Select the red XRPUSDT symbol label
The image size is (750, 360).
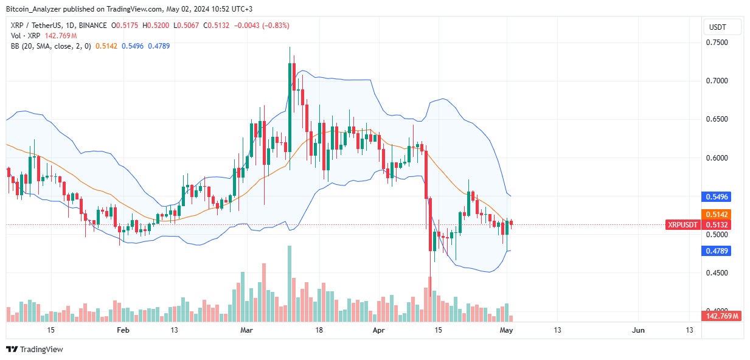[x=682, y=224]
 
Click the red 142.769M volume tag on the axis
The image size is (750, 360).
[x=722, y=316]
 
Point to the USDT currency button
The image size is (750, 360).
[x=722, y=27]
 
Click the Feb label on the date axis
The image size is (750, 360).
[x=123, y=330]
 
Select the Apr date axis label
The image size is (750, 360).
[x=379, y=330]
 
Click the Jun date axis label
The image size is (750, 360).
[x=638, y=330]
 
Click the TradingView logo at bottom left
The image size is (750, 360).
[x=35, y=349]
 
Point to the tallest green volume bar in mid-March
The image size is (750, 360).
[x=290, y=283]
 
